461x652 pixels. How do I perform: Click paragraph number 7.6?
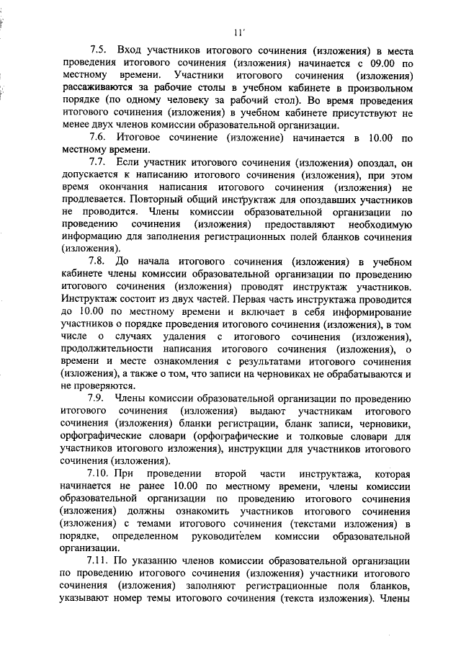(x=97, y=138)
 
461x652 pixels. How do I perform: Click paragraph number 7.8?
(x=97, y=262)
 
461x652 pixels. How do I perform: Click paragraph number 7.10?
(x=99, y=473)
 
